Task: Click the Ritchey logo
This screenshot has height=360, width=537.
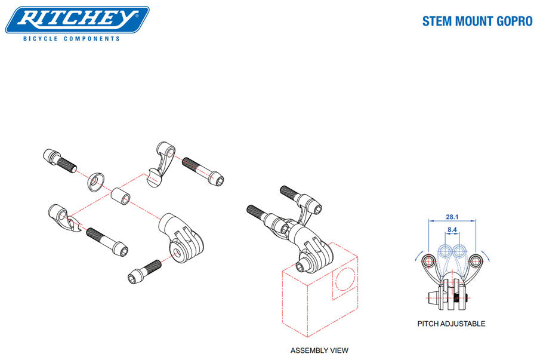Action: click(77, 20)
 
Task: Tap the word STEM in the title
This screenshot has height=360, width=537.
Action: click(438, 21)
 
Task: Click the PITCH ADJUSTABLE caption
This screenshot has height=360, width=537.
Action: click(450, 324)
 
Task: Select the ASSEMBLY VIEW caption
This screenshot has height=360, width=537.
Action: click(319, 350)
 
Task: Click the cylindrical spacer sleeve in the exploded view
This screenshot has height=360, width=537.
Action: click(121, 195)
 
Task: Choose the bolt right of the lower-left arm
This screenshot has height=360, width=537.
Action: click(106, 240)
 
